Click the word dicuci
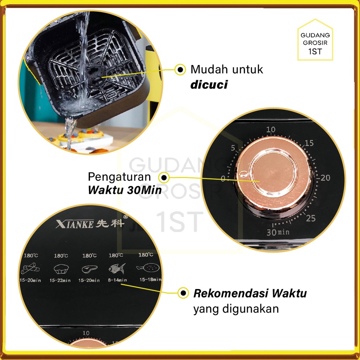208,85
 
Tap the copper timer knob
273,175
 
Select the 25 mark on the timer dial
310,219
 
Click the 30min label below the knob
278,232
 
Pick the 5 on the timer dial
233,148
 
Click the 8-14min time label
116,280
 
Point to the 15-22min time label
60,280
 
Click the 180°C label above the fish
116,256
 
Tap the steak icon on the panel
88,270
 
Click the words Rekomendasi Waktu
250,293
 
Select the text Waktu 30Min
125,190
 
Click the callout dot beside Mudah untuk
180,70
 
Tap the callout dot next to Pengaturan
164,177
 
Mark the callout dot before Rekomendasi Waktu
183,292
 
